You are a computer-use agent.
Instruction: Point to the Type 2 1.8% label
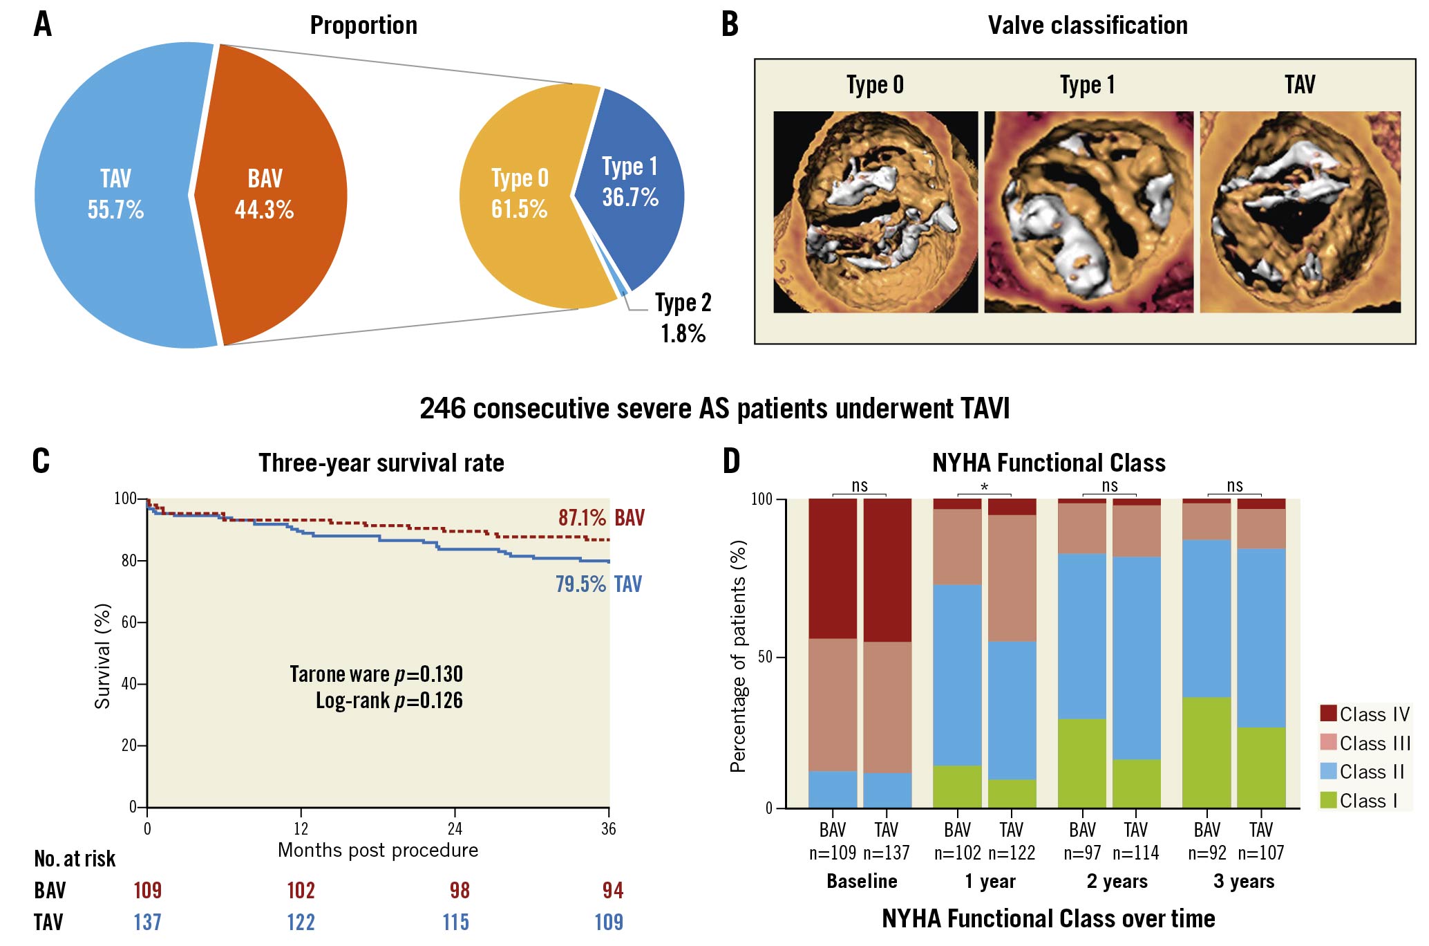coord(683,318)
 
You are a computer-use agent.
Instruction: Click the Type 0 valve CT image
coord(876,212)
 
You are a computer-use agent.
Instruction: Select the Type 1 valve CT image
coord(1088,212)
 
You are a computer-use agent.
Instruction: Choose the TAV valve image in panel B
coord(1300,212)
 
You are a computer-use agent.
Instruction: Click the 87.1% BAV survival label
coord(600,518)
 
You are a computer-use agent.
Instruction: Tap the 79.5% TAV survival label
coord(598,584)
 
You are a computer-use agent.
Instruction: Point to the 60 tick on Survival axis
coord(129,622)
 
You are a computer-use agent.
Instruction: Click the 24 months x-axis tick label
coord(455,828)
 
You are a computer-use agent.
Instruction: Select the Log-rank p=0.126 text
coord(389,701)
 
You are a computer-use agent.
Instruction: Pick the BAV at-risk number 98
coord(460,890)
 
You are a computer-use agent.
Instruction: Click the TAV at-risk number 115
coord(456,922)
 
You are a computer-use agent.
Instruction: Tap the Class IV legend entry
coord(1364,714)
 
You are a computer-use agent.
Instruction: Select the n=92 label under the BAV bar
coord(1207,853)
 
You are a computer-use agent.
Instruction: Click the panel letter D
coord(731,461)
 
